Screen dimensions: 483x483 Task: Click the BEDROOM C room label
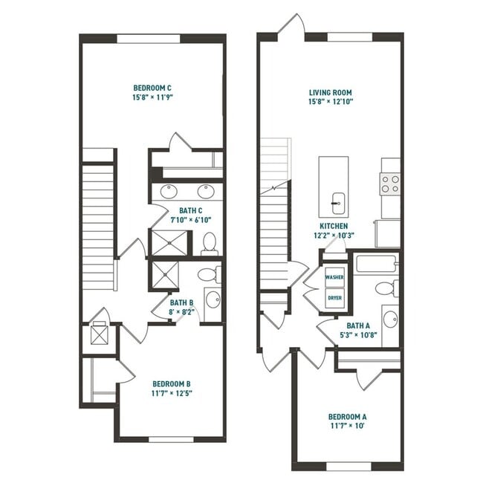pyautogui.click(x=152, y=87)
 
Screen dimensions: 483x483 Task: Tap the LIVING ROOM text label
pyautogui.click(x=331, y=93)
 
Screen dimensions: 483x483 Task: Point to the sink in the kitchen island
pyautogui.click(x=337, y=199)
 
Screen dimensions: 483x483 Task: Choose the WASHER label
pyautogui.click(x=334, y=277)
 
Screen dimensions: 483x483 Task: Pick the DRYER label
pyautogui.click(x=334, y=298)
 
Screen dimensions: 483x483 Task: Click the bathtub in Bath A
pyautogui.click(x=376, y=264)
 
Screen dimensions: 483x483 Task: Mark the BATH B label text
pyautogui.click(x=181, y=302)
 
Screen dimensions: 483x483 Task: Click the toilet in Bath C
pyautogui.click(x=209, y=243)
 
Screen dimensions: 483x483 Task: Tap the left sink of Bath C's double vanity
pyautogui.click(x=169, y=192)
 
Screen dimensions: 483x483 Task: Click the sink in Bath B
pyautogui.click(x=213, y=300)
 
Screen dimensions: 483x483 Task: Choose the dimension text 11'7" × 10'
pyautogui.click(x=346, y=427)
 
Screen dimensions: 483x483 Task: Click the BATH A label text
pyautogui.click(x=357, y=325)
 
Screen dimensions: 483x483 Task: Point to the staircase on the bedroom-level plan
pyautogui.click(x=97, y=212)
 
